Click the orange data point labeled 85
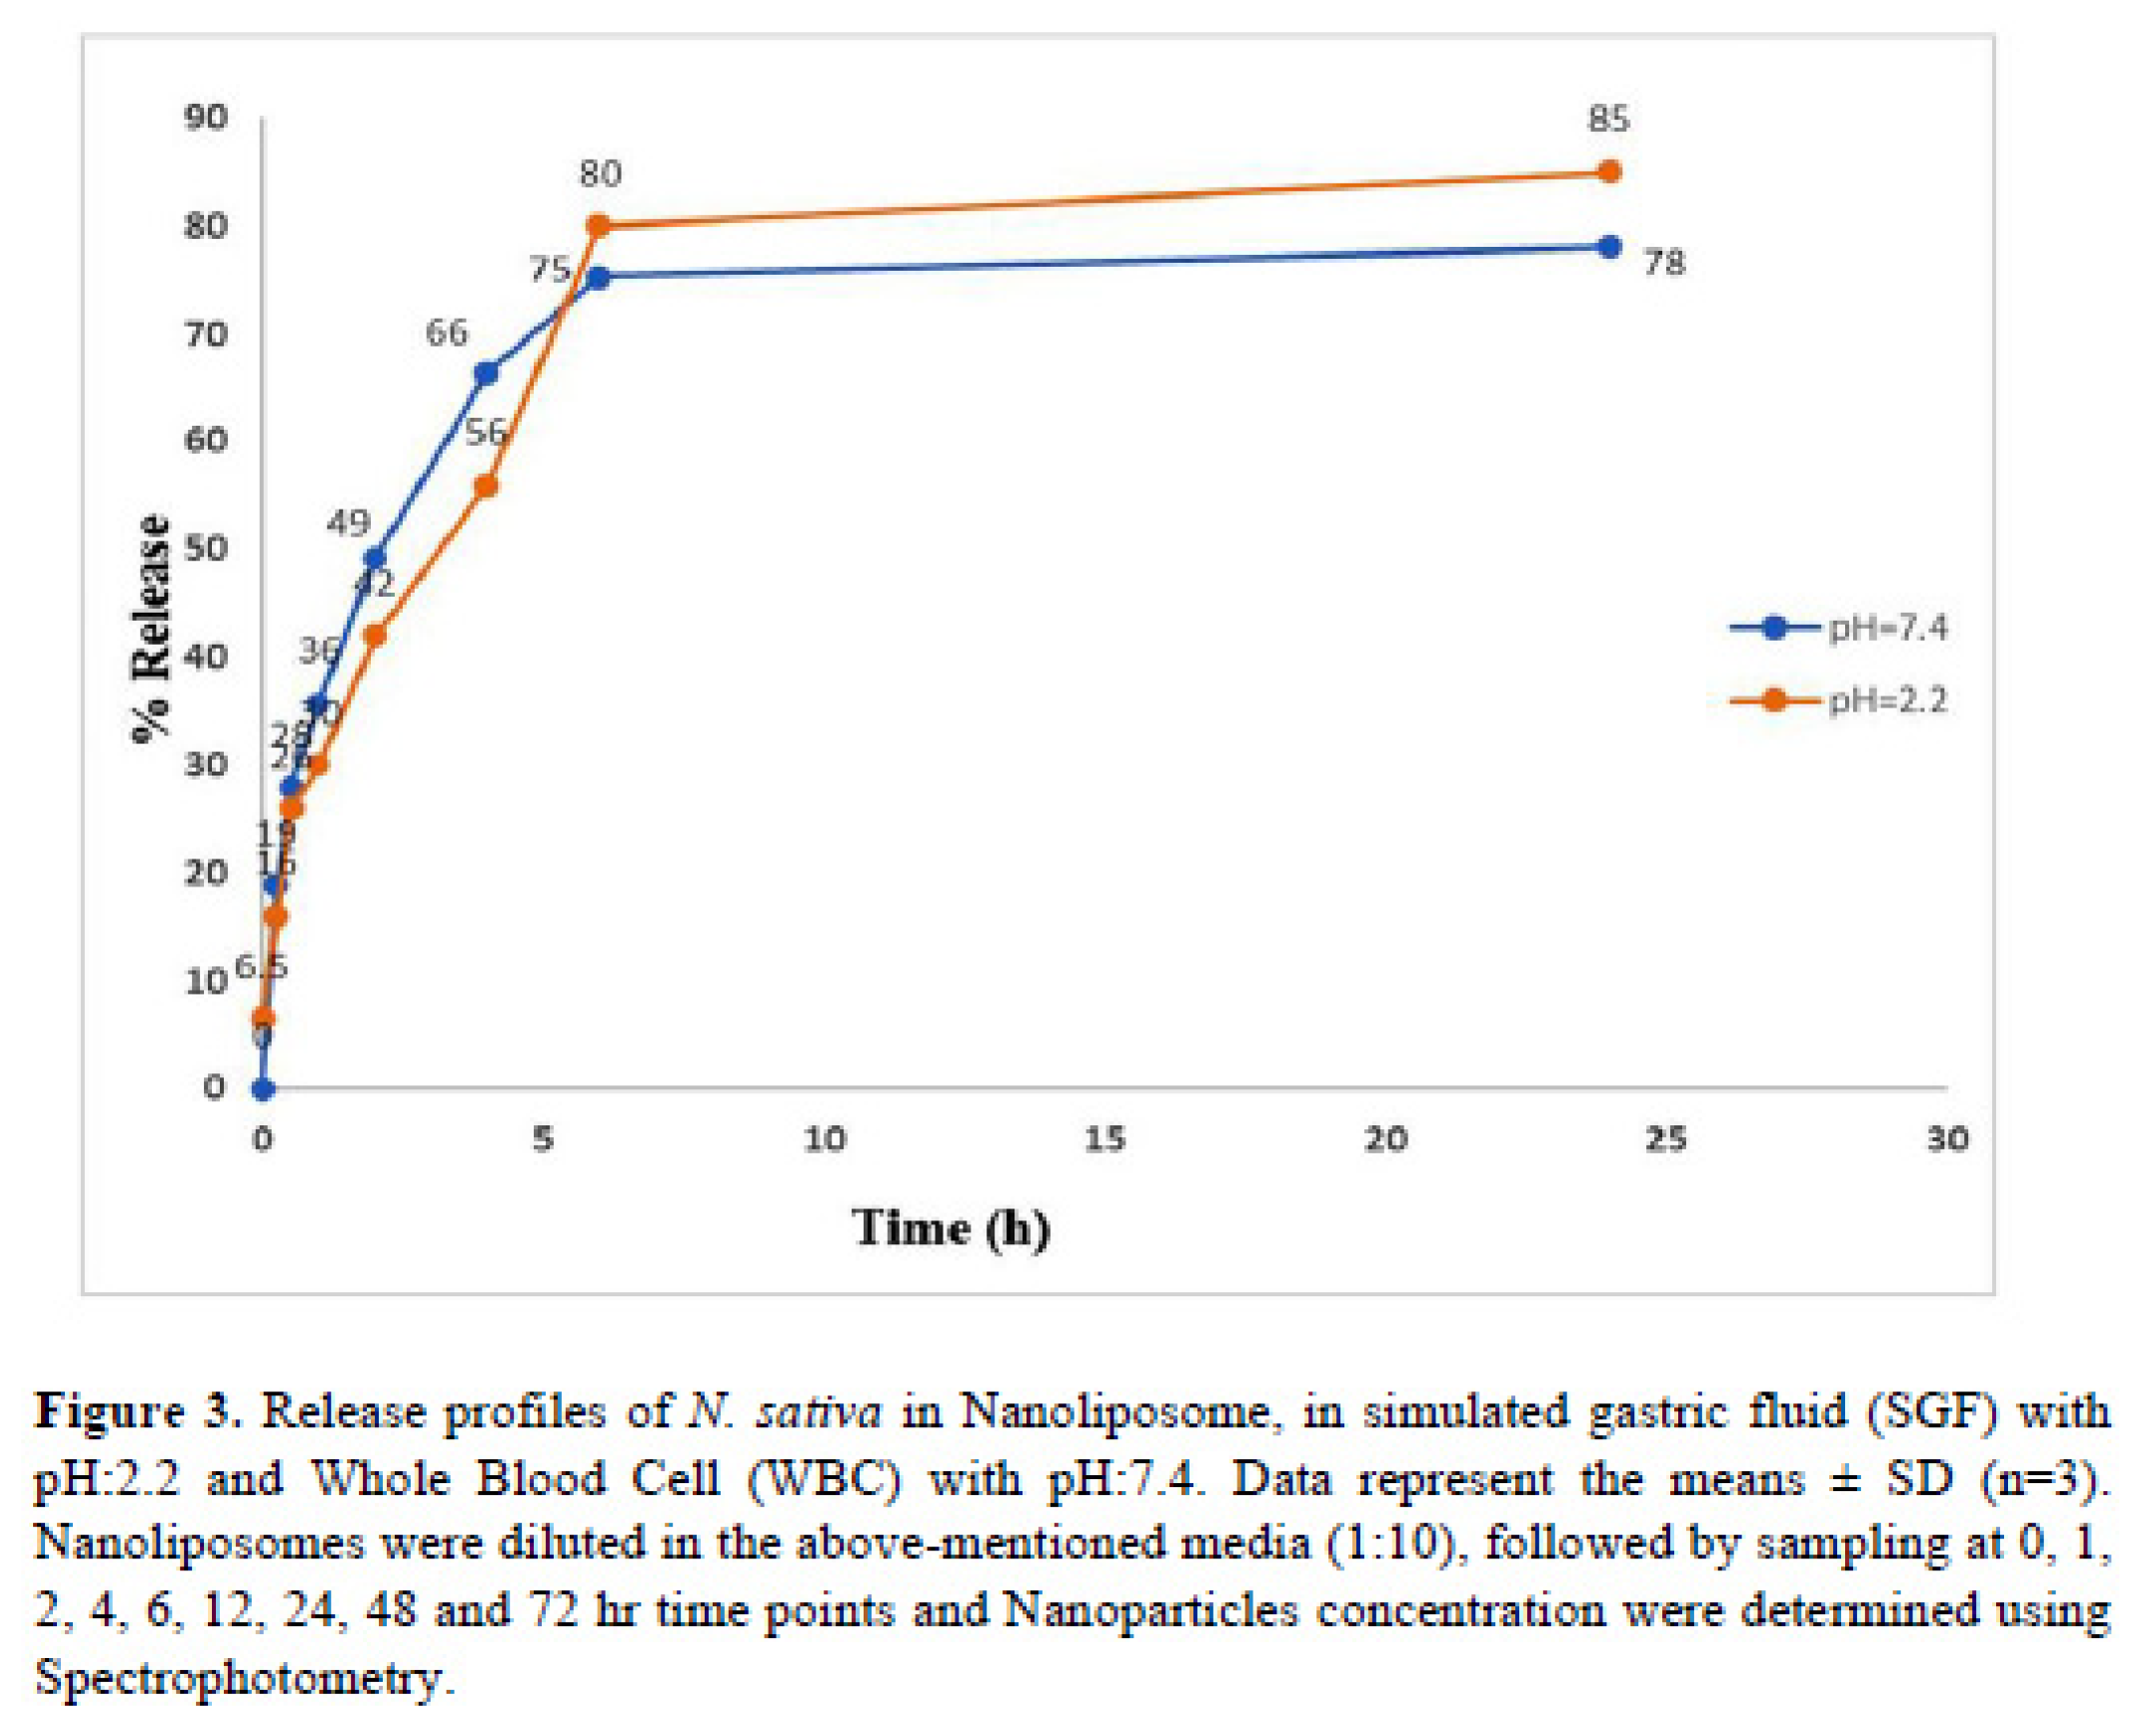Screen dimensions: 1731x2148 click(x=1608, y=172)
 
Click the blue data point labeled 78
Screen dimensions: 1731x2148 click(x=1608, y=247)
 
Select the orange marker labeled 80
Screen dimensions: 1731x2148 click(x=598, y=226)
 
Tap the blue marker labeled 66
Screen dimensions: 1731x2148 click(x=486, y=374)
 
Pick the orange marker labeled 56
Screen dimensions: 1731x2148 click(x=486, y=487)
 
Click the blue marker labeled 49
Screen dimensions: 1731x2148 click(x=374, y=558)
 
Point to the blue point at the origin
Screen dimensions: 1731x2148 click(x=263, y=1089)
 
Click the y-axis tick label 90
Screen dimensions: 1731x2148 click(x=206, y=117)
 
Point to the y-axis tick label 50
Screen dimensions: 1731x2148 click(x=206, y=548)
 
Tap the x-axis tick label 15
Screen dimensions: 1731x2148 click(x=1104, y=1138)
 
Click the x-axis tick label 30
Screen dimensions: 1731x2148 click(x=1947, y=1138)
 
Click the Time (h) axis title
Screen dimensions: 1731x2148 click(x=951, y=1228)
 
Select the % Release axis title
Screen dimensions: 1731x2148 click(x=152, y=629)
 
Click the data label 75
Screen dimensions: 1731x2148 click(x=550, y=269)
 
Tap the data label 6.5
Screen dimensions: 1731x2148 click(x=261, y=966)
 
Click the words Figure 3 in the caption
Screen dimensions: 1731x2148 click(x=138, y=1411)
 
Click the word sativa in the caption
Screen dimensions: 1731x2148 click(x=819, y=1411)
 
